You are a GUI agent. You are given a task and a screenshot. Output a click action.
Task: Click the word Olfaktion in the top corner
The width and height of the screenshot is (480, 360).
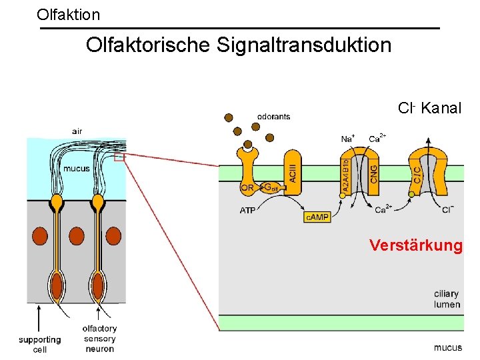tap(68, 13)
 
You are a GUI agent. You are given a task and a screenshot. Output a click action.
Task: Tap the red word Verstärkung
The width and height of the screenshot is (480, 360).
tap(415, 245)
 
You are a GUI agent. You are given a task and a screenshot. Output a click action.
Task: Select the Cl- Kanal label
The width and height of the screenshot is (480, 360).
tap(429, 108)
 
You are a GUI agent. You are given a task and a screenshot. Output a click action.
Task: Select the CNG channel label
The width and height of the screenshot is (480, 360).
tap(374, 173)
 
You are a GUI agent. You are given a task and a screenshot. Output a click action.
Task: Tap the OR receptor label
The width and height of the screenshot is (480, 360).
tap(247, 188)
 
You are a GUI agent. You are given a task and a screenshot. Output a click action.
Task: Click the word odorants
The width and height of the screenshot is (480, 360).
tap(273, 117)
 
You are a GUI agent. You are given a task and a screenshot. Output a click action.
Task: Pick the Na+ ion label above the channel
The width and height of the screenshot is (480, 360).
tap(347, 139)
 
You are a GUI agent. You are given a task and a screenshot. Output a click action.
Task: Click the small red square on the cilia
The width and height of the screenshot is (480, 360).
tap(119, 158)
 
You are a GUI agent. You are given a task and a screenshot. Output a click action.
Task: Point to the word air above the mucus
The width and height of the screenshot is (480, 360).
tap(77, 131)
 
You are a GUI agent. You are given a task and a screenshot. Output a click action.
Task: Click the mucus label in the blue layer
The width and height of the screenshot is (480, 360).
tap(76, 169)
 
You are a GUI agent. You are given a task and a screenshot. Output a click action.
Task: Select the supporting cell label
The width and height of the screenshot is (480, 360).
tap(39, 344)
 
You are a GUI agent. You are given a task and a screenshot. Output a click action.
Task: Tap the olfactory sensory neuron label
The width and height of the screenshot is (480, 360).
tap(99, 338)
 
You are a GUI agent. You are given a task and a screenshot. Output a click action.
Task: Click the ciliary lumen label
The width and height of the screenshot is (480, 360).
tap(447, 299)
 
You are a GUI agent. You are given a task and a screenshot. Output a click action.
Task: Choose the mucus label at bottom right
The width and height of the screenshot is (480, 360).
tap(447, 347)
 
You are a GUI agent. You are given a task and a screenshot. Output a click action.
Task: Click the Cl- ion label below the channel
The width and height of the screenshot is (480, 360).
tap(448, 210)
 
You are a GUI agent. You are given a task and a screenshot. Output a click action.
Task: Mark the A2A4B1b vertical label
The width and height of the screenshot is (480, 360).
tap(345, 177)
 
